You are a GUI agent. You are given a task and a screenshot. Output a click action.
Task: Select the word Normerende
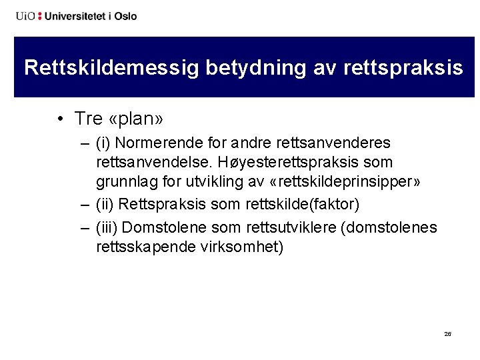(153, 143)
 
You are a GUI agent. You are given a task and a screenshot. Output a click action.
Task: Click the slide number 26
(447, 334)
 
